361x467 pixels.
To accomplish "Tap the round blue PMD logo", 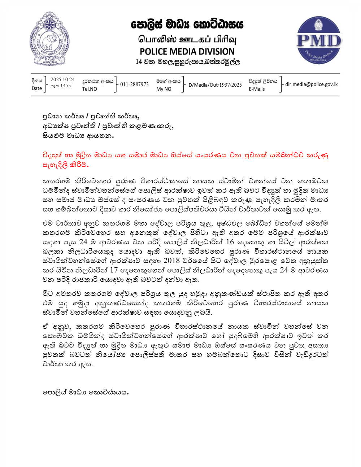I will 319,40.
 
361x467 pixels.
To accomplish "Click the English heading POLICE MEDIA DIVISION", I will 187,52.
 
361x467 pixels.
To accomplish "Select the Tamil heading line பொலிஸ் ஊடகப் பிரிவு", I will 187,39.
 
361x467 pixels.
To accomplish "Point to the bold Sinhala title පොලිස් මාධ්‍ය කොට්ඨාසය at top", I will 187,25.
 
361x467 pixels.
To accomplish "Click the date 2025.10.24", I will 62,79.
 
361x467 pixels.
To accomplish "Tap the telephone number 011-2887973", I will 134,84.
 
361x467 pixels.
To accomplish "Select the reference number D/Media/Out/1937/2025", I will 215,85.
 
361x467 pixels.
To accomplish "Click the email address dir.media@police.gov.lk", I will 312,84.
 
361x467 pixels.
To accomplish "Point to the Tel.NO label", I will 90,89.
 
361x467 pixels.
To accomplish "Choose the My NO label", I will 164,89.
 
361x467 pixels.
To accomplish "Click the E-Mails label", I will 257,89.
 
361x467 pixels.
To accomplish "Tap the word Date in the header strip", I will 37,88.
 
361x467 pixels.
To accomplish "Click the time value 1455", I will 65,86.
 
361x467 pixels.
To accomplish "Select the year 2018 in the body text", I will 171,261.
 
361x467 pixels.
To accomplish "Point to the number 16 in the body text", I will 230,242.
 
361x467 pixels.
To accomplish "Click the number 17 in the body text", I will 114,270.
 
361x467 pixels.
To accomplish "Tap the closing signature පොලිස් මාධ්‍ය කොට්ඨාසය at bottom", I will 86,392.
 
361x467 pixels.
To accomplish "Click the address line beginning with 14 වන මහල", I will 187,62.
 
